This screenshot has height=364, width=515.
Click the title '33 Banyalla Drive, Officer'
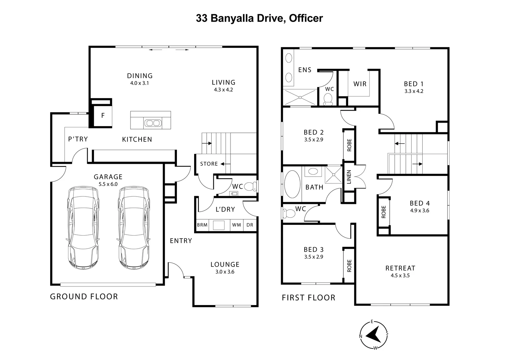pos(259,18)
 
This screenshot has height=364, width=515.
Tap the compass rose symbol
pos(373,335)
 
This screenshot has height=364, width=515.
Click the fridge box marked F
pos(103,116)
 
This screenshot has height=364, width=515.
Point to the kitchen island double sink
pos(152,123)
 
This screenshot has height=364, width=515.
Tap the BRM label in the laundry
pos(202,225)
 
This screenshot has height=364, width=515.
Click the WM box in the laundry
pos(237,225)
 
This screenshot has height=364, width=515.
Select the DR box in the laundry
pos(250,225)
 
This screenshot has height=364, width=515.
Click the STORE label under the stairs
pos(209,164)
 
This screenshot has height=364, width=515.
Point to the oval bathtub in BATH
pos(292,184)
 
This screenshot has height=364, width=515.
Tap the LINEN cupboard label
pos(349,177)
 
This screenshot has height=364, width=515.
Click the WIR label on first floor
pos(360,84)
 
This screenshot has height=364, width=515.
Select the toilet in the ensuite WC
pos(328,99)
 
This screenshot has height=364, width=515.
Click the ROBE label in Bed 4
pos(384,212)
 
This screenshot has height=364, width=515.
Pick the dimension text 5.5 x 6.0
pos(108,184)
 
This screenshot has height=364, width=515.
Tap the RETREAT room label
pos(400,268)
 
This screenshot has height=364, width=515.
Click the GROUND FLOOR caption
pos(84,297)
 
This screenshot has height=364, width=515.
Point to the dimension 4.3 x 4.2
pos(223,90)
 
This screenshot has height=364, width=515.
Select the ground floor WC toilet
pos(250,186)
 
